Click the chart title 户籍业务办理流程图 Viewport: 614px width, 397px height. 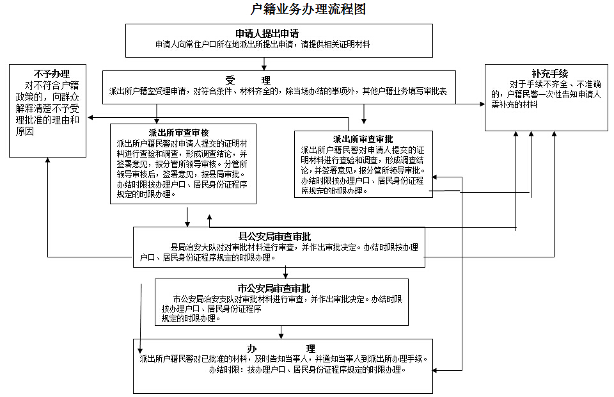[x=309, y=10]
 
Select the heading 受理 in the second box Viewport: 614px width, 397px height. [x=248, y=80]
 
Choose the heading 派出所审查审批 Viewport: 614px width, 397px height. [x=363, y=139]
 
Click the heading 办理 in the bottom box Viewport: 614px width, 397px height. [x=281, y=348]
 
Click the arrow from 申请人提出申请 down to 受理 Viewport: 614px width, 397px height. [x=264, y=63]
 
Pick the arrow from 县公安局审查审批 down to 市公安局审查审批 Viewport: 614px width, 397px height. [x=285, y=272]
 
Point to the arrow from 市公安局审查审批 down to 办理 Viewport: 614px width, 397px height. [x=281, y=332]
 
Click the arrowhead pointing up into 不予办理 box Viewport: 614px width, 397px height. [x=48, y=161]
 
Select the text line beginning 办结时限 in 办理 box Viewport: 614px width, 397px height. [x=307, y=370]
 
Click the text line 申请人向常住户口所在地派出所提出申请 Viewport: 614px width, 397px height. [x=263, y=45]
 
